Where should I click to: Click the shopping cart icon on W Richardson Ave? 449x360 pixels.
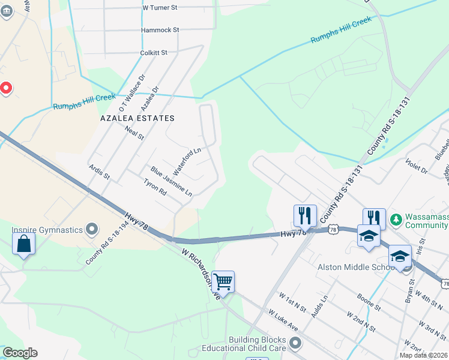point(223,281)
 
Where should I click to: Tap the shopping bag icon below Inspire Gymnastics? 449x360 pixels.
point(23,244)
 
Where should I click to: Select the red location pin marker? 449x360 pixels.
point(6,89)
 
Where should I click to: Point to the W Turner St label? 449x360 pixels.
point(160,8)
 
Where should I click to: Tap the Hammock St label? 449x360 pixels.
point(160,29)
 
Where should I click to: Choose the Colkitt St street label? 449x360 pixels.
point(154,53)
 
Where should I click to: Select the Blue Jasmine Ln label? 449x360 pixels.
point(171,182)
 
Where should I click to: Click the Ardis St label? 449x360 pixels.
point(100,172)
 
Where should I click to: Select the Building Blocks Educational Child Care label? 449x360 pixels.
point(252,343)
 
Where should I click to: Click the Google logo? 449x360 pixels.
point(20,353)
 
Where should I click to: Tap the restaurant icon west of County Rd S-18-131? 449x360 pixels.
point(305,215)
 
